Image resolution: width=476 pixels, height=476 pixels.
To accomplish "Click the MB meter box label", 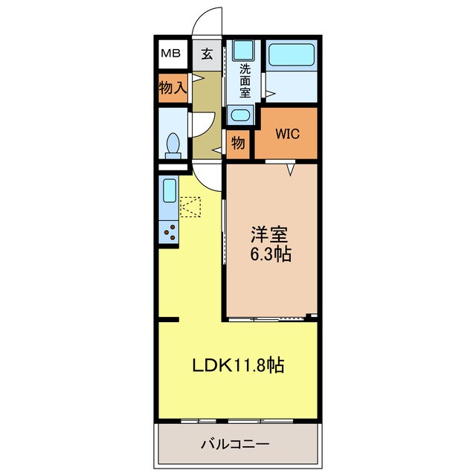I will point(171,54).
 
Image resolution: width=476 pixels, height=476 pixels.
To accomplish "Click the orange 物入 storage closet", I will point(172,88).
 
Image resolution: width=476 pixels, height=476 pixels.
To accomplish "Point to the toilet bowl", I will point(173,144).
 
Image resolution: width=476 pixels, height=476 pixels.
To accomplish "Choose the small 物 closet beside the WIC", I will point(238,143).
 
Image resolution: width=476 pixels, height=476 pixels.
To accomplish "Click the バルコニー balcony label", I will point(235,445).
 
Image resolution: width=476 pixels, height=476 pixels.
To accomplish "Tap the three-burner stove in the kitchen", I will point(170,232).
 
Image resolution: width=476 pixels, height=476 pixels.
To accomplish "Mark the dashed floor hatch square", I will point(190,206).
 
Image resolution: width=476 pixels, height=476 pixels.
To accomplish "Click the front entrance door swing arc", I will point(208,21).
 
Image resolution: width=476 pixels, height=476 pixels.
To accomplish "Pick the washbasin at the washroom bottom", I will point(240,115).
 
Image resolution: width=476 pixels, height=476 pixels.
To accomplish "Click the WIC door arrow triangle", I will point(292,169).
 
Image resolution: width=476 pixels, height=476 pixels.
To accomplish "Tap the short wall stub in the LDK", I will point(169,320).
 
